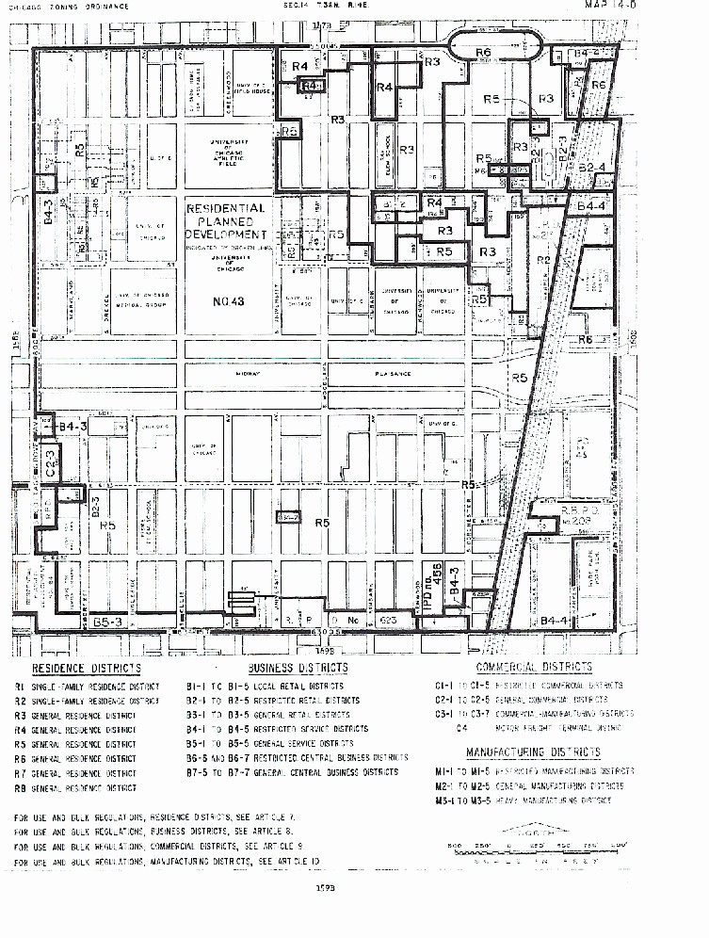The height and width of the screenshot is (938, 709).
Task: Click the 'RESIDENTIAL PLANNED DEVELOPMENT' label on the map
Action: click(x=225, y=220)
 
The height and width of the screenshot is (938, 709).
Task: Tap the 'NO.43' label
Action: click(x=225, y=300)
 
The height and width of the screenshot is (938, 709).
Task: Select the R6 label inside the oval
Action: click(x=483, y=53)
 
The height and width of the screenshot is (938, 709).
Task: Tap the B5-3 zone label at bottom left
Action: click(x=107, y=623)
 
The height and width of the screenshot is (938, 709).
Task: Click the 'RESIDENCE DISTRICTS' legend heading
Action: click(x=87, y=669)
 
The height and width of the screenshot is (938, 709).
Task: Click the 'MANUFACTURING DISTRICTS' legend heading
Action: click(x=533, y=752)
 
